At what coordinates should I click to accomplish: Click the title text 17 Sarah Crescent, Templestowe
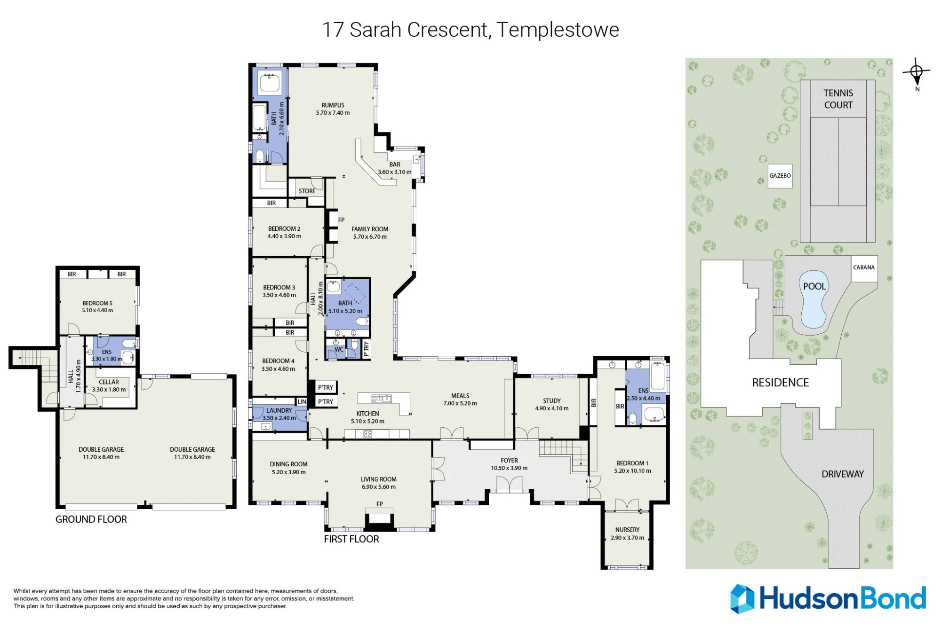[470, 30]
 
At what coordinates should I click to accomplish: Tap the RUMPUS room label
[333, 105]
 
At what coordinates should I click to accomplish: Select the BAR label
[395, 165]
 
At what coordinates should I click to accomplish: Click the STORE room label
[307, 191]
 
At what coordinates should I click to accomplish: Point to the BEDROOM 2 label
[284, 229]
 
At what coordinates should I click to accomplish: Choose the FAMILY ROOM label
[370, 229]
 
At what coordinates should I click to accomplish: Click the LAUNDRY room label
[279, 410]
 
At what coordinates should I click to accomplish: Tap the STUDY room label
[552, 401]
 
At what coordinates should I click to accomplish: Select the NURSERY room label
[627, 530]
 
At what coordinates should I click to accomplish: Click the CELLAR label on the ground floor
[109, 382]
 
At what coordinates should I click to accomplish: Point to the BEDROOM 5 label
[97, 303]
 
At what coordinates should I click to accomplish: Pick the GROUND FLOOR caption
[91, 519]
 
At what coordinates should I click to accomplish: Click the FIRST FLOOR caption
[351, 539]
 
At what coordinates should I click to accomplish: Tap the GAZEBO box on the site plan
[780, 176]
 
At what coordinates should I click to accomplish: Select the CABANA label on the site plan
[864, 267]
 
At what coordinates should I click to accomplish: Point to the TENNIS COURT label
[838, 99]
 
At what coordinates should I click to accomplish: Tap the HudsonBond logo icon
[742, 599]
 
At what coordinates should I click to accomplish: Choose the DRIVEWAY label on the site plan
[843, 474]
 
